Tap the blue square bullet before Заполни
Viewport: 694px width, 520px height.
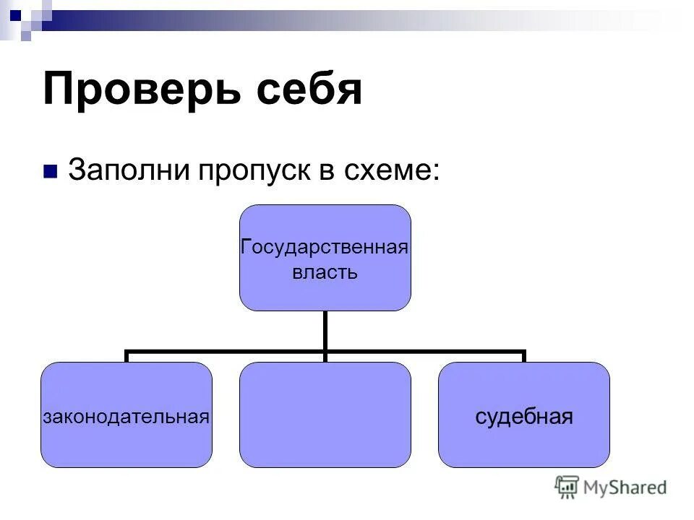(x=50, y=172)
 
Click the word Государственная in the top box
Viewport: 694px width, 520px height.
(x=325, y=248)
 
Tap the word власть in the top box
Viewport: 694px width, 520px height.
(x=325, y=272)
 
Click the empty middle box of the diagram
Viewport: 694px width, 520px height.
(x=325, y=415)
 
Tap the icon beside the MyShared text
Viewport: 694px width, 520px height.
(x=567, y=486)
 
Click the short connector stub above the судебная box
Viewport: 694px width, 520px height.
(x=523, y=357)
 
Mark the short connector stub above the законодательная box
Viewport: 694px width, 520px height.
(x=127, y=357)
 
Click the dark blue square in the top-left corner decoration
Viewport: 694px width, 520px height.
(x=15, y=12)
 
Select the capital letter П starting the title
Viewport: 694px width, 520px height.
(x=60, y=90)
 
